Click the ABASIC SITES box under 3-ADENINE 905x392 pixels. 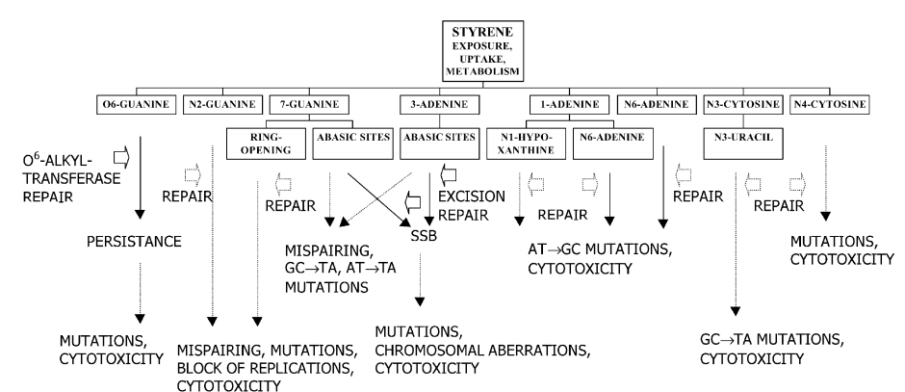(437, 137)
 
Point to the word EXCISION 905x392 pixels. (473, 196)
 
